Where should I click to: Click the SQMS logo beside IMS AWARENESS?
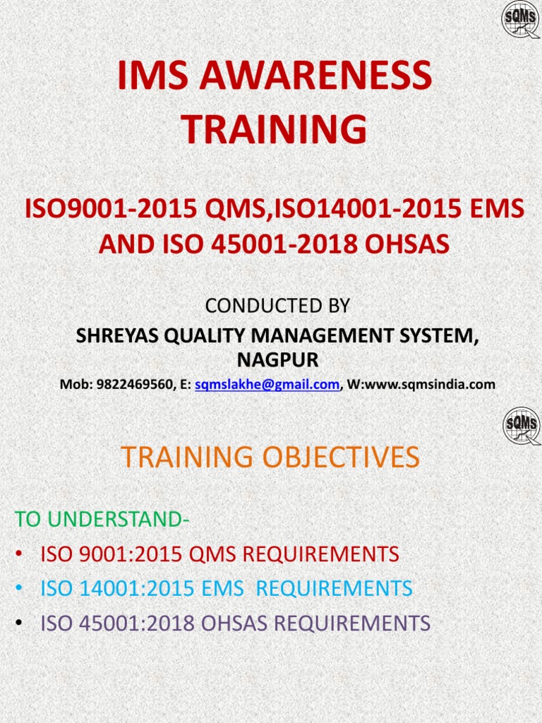tap(521, 20)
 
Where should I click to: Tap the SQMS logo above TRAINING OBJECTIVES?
tap(522, 426)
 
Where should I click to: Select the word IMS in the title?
tap(145, 76)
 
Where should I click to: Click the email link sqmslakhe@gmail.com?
tap(267, 385)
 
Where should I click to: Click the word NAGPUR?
tap(277, 361)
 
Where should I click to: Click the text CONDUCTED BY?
tap(277, 306)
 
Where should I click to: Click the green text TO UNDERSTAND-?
tap(102, 519)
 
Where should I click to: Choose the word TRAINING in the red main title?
tap(275, 130)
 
